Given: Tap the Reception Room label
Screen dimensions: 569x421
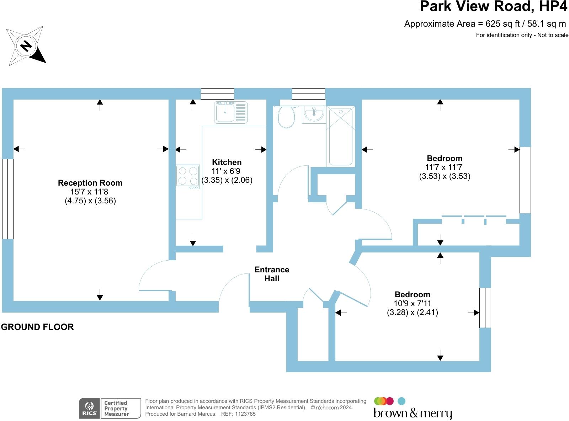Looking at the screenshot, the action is point(90,183).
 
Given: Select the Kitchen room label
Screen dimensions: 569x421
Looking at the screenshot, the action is point(227,162).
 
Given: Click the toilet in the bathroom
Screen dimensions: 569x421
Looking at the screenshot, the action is point(286,117).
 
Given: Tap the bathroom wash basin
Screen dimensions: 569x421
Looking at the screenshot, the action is point(314,113).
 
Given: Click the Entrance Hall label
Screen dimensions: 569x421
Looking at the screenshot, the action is point(272,274).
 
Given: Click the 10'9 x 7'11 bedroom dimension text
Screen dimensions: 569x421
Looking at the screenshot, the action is point(412,303).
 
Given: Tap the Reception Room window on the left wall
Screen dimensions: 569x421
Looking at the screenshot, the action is point(7,199).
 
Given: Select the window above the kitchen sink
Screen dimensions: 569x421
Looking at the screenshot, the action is point(217,94).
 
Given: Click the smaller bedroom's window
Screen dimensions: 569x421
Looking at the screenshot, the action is point(485,308).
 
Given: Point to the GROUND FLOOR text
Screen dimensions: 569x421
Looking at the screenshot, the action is point(37,327).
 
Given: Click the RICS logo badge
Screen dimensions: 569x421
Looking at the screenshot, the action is point(90,408).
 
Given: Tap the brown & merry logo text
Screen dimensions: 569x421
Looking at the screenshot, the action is point(413,413).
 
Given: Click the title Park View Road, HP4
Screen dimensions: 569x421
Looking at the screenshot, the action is point(493,6).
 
